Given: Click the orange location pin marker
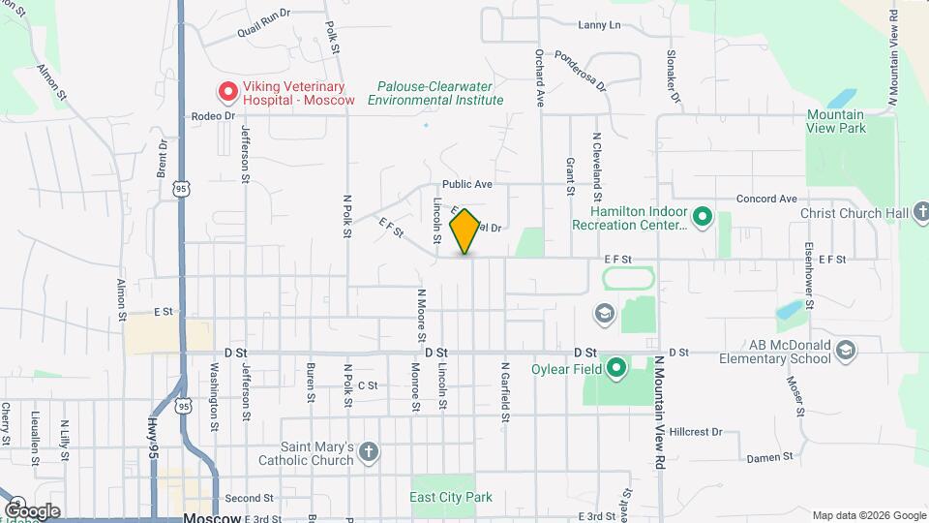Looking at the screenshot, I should (464, 231).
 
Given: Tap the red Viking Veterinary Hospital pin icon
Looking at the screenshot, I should (227, 92).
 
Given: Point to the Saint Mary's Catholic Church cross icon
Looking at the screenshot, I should (368, 451).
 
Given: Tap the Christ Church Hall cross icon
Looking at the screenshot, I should (919, 212).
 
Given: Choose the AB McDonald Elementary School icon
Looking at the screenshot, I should (846, 350).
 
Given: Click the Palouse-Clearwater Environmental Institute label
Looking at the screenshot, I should (440, 93).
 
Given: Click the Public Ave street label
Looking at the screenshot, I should (468, 184).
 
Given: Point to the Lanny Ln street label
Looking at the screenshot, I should (599, 25).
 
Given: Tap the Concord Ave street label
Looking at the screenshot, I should (766, 199).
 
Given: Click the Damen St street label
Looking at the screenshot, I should (769, 455).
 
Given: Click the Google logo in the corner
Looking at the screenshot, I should (32, 510).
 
